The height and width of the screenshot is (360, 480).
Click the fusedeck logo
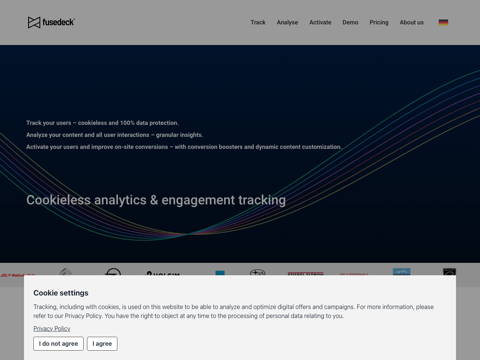point(51,22)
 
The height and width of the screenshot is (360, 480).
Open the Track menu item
point(258,22)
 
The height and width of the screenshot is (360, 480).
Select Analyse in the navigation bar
point(287,22)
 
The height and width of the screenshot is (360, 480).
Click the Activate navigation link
point(320,22)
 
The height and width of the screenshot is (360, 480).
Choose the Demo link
point(350,22)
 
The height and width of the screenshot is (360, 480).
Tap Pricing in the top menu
point(379,22)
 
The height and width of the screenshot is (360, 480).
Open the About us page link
point(411,22)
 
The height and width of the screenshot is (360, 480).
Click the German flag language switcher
point(443,22)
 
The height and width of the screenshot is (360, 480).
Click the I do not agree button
point(58,343)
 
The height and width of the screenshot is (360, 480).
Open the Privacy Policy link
point(52,328)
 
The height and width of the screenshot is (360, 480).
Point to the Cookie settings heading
point(61,293)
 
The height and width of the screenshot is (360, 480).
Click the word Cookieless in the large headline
point(58,200)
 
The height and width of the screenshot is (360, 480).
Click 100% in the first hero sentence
point(127,123)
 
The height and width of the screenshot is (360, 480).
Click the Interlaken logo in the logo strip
point(401,272)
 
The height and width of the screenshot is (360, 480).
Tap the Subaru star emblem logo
point(258,272)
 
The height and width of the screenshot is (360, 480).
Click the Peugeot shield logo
point(449,272)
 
